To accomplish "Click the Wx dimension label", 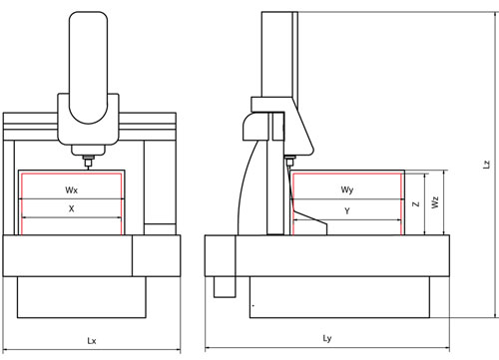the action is pos(71,190).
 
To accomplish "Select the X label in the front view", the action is pos(71,208).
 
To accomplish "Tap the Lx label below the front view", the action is pos(92,341).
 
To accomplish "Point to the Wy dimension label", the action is pos(346,189).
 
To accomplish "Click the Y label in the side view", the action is pos(347,210).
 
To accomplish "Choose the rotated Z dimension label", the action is pos(416,203).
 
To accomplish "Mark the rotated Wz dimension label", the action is pos(435,202).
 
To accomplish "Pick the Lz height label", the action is pos(486,165).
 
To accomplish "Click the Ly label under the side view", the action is pos(327,339).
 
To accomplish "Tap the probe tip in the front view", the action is pos(88,168).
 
